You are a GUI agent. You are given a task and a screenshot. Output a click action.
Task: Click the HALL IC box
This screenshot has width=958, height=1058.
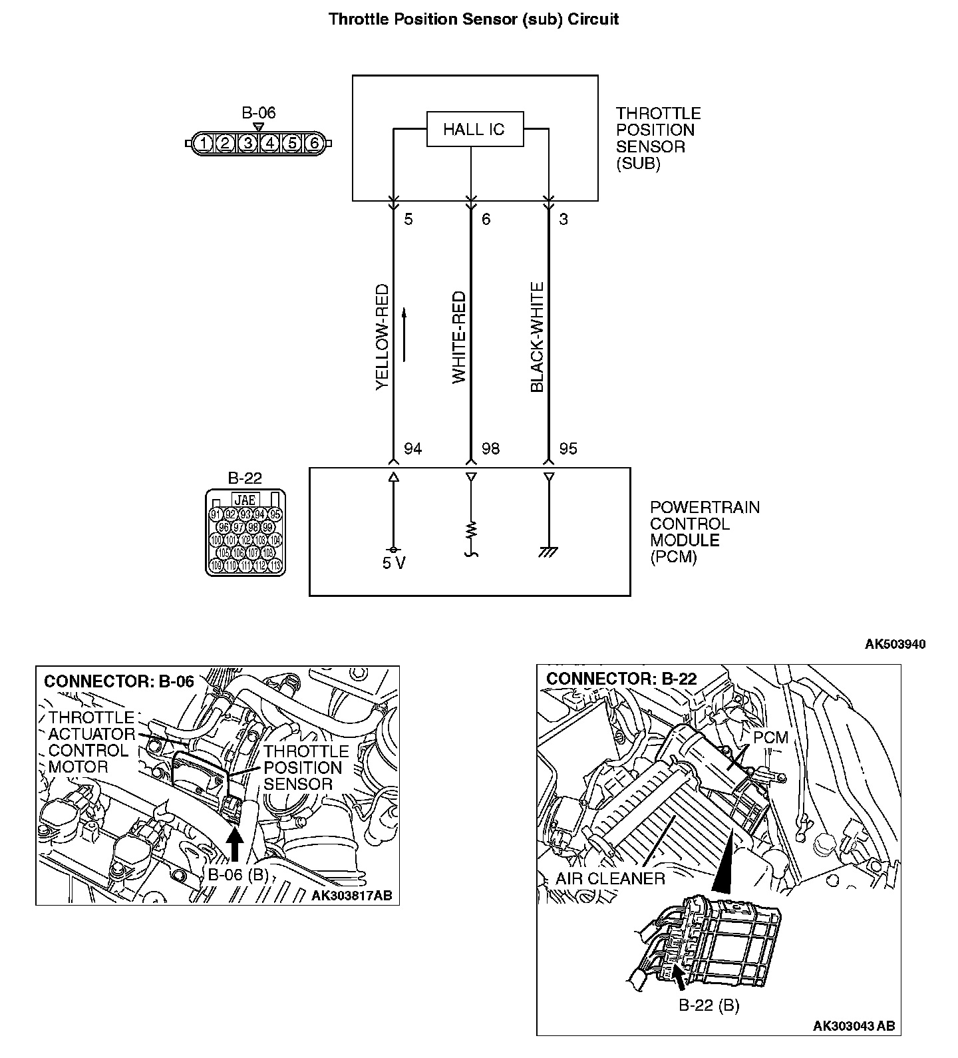coord(474,129)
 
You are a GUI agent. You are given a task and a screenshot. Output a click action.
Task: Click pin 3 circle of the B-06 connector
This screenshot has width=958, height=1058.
coord(247,143)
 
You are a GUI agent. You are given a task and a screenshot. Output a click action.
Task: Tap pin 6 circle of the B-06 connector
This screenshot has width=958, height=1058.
coord(314,143)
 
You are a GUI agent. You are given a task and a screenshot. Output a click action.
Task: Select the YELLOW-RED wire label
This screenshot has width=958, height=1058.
coord(382,337)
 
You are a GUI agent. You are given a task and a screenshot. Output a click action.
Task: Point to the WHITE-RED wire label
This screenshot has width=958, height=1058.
coord(459,337)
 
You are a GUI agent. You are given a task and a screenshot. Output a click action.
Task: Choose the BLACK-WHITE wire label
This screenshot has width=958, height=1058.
coord(537,337)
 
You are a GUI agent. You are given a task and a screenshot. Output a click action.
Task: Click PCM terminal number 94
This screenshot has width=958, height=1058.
coord(412,449)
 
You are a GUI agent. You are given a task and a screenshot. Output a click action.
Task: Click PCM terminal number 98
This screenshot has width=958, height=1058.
coord(490,449)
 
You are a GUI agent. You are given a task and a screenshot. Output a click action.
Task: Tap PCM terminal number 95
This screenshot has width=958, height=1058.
coord(568,449)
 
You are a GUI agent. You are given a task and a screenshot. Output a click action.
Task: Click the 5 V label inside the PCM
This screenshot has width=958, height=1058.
coord(394,563)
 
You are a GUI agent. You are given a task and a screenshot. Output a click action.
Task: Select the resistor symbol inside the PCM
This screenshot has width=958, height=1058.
coord(471,530)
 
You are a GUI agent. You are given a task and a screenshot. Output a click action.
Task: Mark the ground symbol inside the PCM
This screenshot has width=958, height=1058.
coord(549,552)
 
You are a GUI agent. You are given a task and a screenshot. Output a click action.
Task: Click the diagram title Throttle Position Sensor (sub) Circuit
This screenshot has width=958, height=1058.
coord(474,19)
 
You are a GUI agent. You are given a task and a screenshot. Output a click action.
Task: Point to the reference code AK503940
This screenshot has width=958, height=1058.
coord(895,644)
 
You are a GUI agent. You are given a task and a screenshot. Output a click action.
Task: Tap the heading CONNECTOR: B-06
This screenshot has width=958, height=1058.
coord(119,681)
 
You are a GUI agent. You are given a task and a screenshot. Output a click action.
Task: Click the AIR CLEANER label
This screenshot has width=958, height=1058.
coord(610,878)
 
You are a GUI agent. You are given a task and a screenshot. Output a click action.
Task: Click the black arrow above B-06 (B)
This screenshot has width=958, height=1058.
coord(235,846)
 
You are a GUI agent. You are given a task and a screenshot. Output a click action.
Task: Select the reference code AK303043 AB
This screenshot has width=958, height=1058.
coord(854,1025)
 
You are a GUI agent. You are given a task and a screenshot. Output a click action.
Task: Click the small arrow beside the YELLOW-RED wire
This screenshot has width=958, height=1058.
coord(404,334)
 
